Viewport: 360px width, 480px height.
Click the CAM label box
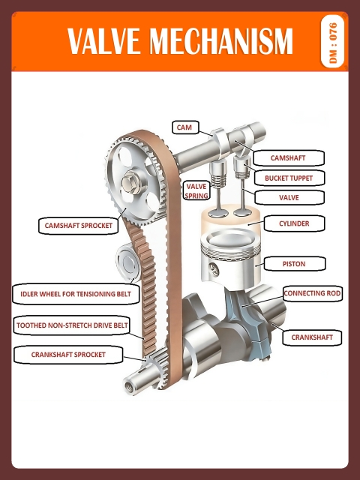[184, 127]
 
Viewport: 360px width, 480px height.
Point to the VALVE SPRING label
[196, 190]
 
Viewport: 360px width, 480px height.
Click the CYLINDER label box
[293, 223]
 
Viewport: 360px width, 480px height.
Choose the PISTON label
[293, 263]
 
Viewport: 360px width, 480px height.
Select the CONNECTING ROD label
[312, 292]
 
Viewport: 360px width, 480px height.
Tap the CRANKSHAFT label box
[312, 337]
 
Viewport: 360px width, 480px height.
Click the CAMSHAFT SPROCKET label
[78, 224]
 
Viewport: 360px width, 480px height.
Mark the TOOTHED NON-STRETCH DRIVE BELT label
[72, 325]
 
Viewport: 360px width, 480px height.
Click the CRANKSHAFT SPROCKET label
[68, 354]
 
